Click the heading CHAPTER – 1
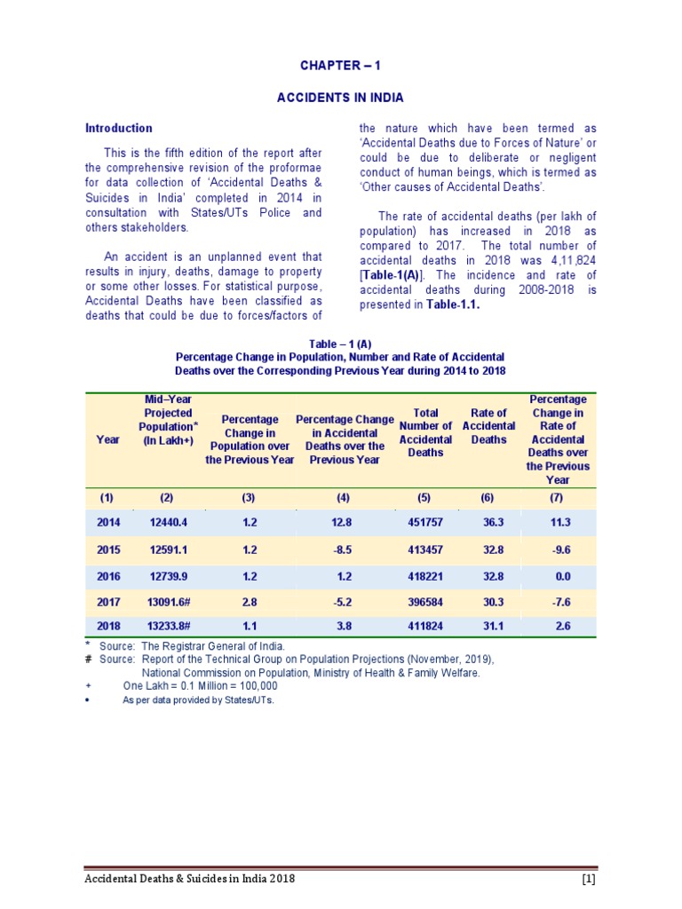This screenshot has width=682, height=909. (x=340, y=66)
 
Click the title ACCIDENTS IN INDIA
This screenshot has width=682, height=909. (x=340, y=97)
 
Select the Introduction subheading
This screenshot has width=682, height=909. (x=118, y=128)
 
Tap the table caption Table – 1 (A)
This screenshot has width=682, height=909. (x=340, y=343)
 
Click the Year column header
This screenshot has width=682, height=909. (x=108, y=439)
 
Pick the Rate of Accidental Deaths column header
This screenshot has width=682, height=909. (x=488, y=426)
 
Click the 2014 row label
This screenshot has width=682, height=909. (x=108, y=522)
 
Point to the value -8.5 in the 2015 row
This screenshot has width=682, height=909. (x=344, y=549)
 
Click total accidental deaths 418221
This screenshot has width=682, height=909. (x=425, y=575)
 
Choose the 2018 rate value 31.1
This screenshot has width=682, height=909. (x=488, y=626)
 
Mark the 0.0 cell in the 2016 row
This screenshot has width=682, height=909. (x=559, y=575)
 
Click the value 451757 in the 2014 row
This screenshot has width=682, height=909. (x=425, y=522)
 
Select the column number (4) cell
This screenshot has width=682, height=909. (x=344, y=497)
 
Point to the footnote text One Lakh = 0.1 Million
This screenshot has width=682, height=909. (x=200, y=685)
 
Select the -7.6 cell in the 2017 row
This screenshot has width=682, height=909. (x=559, y=601)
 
